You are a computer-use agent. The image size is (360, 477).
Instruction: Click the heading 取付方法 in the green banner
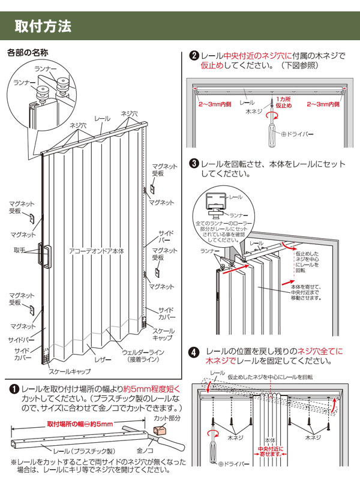(x=43, y=26)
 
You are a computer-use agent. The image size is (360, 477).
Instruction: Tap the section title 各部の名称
(x=28, y=53)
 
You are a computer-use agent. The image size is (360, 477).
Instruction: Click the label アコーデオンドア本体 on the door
(x=96, y=252)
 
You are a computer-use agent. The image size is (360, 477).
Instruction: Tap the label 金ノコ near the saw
(x=145, y=448)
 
